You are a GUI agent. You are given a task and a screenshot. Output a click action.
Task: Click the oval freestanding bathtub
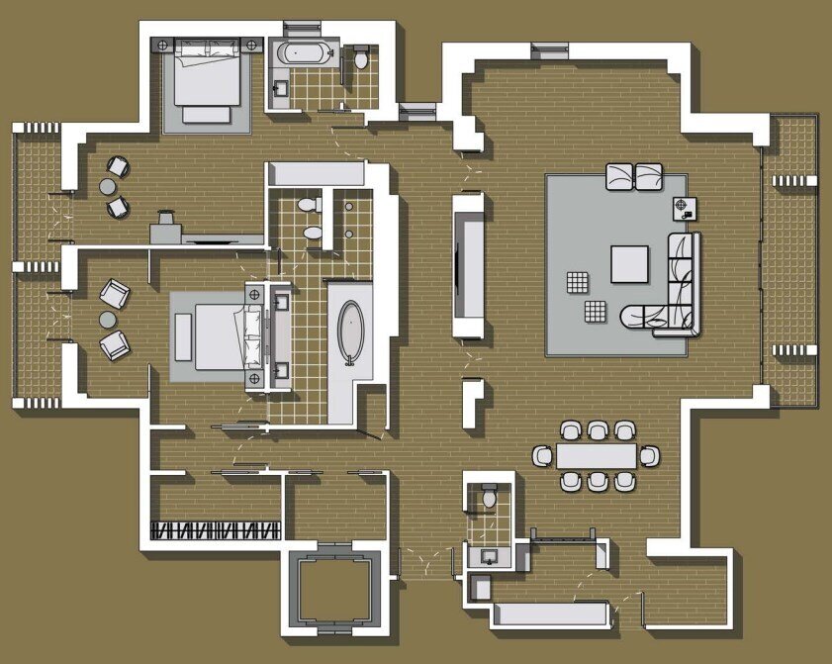(x=352, y=331)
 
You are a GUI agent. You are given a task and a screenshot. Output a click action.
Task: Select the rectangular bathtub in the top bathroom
(x=298, y=53)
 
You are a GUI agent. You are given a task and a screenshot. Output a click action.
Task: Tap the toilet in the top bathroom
(x=361, y=59)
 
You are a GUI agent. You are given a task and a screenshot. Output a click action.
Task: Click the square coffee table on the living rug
(x=629, y=263)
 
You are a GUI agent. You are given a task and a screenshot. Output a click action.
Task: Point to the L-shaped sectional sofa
(x=679, y=287)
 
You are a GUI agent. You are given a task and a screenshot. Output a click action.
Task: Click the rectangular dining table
(x=597, y=455)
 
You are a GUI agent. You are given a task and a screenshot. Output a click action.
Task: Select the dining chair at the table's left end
(x=543, y=455)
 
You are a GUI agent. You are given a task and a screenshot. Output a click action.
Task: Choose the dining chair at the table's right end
(x=649, y=455)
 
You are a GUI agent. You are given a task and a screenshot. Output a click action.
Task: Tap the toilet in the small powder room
(x=489, y=497)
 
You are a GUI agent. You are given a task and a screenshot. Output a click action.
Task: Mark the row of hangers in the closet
(x=216, y=529)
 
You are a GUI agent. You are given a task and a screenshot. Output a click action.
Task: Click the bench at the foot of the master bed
(x=183, y=336)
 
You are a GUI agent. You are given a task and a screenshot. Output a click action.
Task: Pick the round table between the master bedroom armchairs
(x=107, y=319)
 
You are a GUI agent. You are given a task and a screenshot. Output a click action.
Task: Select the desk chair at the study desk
(x=165, y=216)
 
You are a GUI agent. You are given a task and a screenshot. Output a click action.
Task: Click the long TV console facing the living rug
(x=468, y=265)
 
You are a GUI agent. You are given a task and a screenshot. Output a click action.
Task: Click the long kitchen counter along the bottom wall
(x=549, y=615)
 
